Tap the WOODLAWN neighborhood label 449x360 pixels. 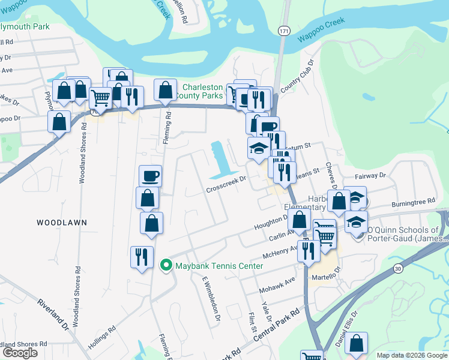point(62,222)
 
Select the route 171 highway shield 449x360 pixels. point(284,29)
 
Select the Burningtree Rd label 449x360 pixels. point(413,203)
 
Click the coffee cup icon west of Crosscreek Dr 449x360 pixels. point(150,176)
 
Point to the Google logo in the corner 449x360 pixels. point(20,353)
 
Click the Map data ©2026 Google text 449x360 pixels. point(411,355)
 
